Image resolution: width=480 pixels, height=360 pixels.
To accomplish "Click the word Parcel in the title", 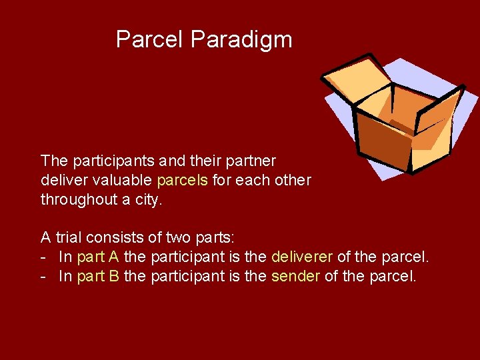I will (x=150, y=39).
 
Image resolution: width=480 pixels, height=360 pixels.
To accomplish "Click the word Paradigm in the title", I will (x=241, y=39).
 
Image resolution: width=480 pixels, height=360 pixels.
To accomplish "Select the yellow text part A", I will (x=98, y=257).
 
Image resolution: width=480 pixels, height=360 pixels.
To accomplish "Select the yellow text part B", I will (x=98, y=277).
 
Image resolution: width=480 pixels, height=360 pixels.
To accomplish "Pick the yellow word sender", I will (x=295, y=277).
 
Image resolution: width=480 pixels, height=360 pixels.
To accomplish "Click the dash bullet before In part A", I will (x=43, y=257).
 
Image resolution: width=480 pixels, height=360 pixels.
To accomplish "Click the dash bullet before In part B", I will (x=43, y=277).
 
